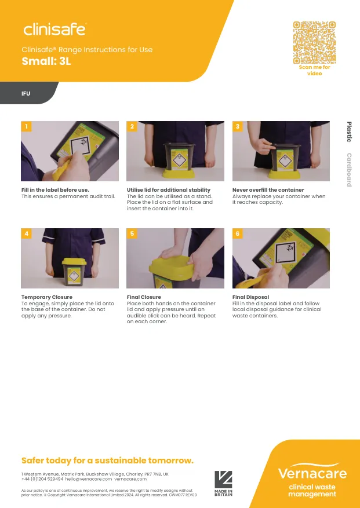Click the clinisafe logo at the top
point(55,29)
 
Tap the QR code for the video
point(314,42)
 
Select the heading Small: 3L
point(46,61)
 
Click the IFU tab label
point(26,94)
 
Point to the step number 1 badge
point(26,126)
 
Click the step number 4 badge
point(26,233)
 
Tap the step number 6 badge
point(238,233)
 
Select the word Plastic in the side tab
point(349,132)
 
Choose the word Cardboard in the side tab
point(349,170)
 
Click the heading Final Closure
point(144,297)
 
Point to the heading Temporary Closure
point(47,297)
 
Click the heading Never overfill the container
point(268,190)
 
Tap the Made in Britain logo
point(223,483)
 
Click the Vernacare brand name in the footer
point(312,473)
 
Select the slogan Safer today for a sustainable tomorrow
point(107,461)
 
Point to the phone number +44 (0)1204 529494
point(42,479)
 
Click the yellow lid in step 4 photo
point(74,261)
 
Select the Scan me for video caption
point(314,70)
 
